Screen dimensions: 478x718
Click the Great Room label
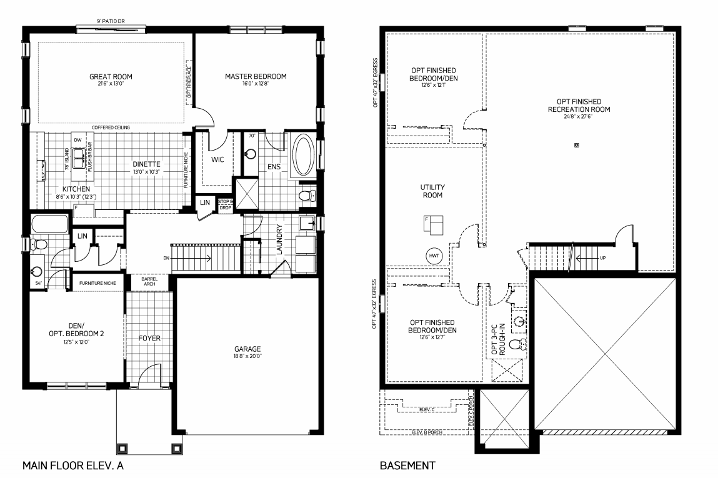(111, 77)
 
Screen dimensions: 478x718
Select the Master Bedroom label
(256, 77)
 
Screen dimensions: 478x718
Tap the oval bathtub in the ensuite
(304, 154)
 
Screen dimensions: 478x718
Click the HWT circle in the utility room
(434, 256)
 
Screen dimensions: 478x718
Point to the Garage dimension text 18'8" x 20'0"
(247, 357)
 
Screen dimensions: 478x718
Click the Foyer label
(149, 338)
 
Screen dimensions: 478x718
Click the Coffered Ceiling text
(111, 127)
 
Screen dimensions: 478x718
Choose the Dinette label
(147, 164)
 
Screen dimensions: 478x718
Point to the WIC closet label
(217, 159)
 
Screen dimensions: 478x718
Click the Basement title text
(407, 466)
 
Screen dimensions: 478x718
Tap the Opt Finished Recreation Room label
(579, 105)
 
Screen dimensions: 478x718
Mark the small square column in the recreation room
(577, 146)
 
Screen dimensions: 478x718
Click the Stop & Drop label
(225, 205)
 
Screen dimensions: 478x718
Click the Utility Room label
(432, 191)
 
